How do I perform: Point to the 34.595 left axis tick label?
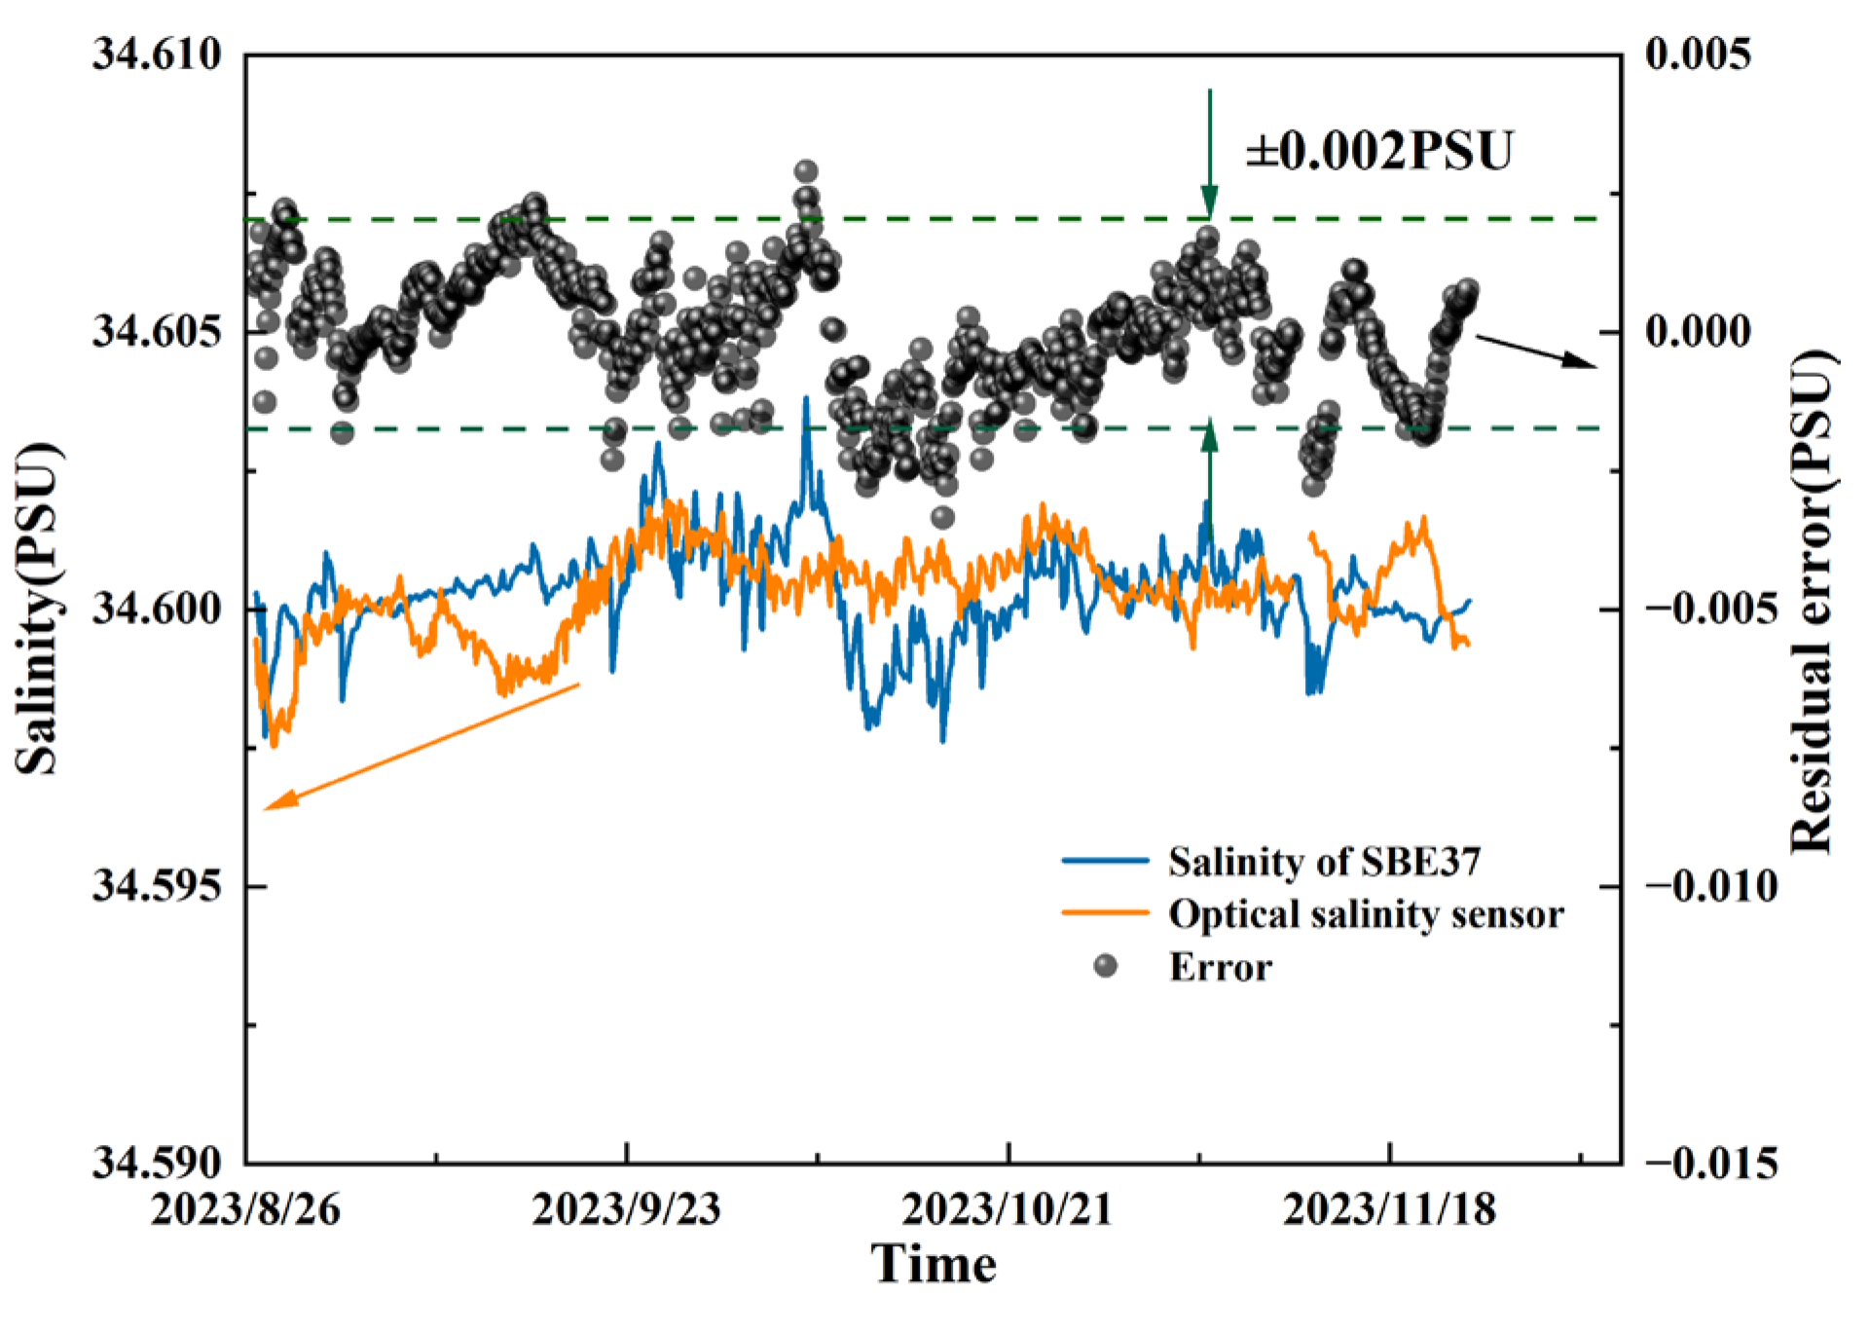pyautogui.click(x=157, y=886)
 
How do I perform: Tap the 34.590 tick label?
pyautogui.click(x=157, y=1162)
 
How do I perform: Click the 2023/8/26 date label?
pyautogui.click(x=245, y=1209)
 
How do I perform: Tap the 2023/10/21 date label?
pyautogui.click(x=1007, y=1209)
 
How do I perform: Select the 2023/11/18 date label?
pyautogui.click(x=1389, y=1209)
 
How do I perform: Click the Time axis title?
pyautogui.click(x=934, y=1265)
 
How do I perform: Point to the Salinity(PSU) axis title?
pyautogui.click(x=39, y=610)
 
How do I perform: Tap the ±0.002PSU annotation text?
pyautogui.click(x=1379, y=151)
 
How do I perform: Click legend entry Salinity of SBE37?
pyautogui.click(x=1324, y=862)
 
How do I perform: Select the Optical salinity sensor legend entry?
pyautogui.click(x=1366, y=914)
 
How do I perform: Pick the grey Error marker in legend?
pyautogui.click(x=1106, y=966)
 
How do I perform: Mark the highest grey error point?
pyautogui.click(x=806, y=171)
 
